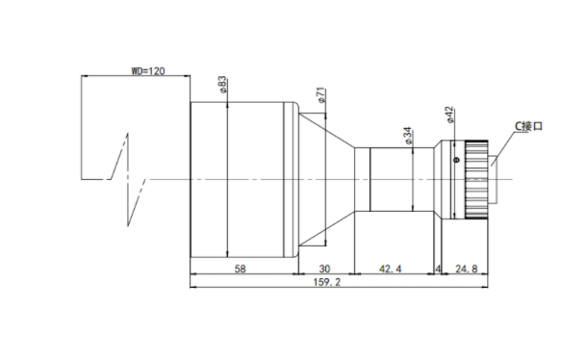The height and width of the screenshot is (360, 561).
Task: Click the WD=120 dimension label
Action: tap(148, 71)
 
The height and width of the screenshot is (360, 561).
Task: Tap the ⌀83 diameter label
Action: tap(222, 85)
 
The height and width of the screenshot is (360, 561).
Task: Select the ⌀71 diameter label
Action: tap(321, 95)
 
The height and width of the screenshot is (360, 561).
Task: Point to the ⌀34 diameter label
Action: tap(408, 136)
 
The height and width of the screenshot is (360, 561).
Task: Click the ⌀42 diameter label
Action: tap(450, 115)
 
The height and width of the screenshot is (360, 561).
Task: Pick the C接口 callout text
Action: tap(528, 126)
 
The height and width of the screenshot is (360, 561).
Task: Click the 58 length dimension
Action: tap(240, 269)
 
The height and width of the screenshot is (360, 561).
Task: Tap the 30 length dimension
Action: tap(324, 269)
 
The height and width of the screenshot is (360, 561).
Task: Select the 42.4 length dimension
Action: tap(390, 269)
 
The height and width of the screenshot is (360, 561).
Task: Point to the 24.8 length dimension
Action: tap(466, 269)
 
